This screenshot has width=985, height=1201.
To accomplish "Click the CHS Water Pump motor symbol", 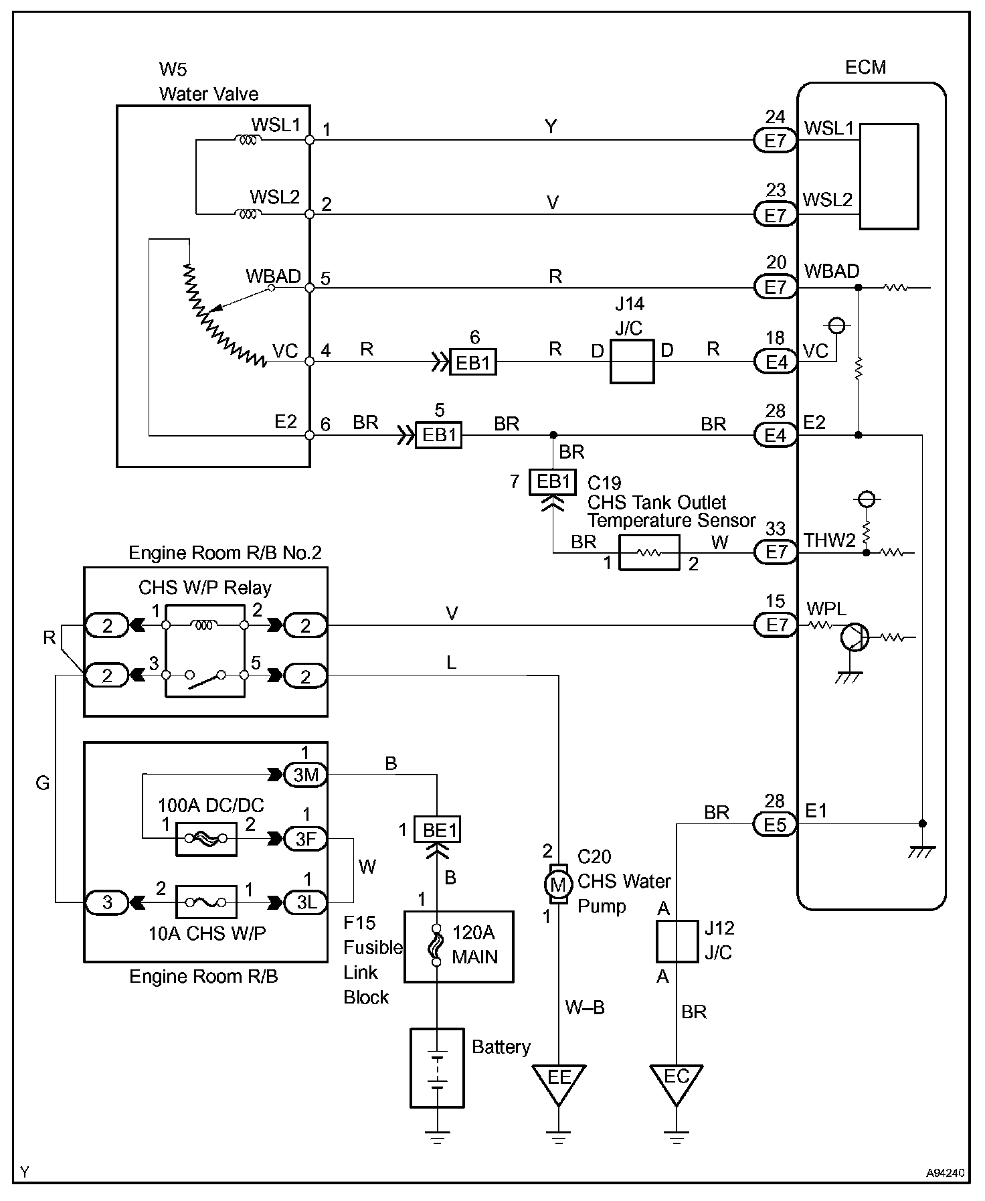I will (x=558, y=885).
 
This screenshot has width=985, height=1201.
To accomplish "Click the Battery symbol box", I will (x=437, y=1067).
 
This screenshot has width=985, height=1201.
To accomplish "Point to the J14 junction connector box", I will (x=632, y=362).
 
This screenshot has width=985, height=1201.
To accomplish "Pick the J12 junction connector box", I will (x=677, y=941).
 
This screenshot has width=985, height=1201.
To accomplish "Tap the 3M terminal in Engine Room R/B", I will (x=306, y=775).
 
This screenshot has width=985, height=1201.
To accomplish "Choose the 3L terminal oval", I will (x=306, y=902).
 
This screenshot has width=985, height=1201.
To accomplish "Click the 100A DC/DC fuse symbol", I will (x=205, y=838).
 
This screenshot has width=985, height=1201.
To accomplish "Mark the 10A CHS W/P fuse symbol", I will (x=205, y=902).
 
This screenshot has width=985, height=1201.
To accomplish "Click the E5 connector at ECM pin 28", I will (x=775, y=825).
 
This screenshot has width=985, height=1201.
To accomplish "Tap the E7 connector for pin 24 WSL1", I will (x=775, y=141).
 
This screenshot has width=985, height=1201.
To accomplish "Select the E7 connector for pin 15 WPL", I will (x=775, y=625).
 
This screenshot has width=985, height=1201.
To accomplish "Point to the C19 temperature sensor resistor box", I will (x=649, y=553).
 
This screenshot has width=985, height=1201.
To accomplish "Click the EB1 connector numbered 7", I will (x=552, y=482).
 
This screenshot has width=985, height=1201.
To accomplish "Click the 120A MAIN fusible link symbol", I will (x=436, y=945).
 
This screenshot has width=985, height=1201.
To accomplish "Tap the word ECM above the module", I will (x=865, y=68).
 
